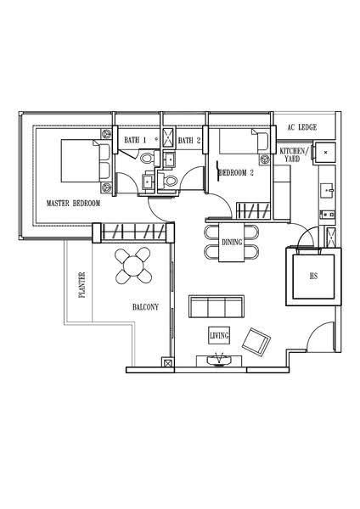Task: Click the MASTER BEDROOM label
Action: click(x=73, y=204)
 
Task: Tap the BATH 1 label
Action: click(x=135, y=140)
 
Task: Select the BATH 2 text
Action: click(x=189, y=141)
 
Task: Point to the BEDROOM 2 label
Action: click(x=237, y=173)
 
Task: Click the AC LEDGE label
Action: click(x=302, y=127)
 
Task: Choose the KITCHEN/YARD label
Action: click(x=292, y=155)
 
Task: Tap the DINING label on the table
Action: click(x=232, y=242)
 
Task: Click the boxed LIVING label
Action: click(x=219, y=335)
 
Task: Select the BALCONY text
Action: click(x=145, y=307)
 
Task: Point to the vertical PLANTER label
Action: click(x=82, y=285)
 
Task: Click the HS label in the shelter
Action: click(x=313, y=277)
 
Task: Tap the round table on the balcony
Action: click(x=133, y=266)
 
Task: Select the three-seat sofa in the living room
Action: click(x=217, y=307)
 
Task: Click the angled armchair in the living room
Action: click(x=256, y=342)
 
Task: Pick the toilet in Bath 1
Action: click(x=148, y=159)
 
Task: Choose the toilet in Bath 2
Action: click(x=168, y=181)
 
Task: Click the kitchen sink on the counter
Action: click(x=326, y=189)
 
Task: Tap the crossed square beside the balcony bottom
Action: click(x=167, y=362)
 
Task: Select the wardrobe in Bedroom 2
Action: click(x=253, y=210)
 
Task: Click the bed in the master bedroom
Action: click(x=86, y=160)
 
